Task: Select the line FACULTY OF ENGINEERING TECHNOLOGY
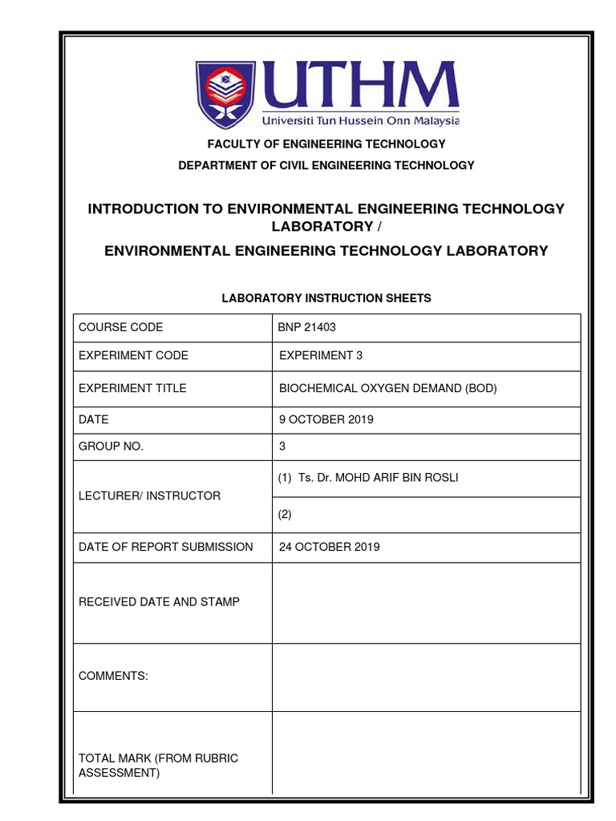coord(326,144)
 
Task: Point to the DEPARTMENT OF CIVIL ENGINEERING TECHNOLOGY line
coord(326,165)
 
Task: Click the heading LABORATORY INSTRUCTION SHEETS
coord(326,298)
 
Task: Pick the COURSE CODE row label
coord(120,327)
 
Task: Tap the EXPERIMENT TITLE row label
coord(132,388)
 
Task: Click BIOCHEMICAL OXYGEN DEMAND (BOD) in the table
coord(387,388)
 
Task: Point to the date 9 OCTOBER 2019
coord(326,419)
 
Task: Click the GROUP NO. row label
coord(111,447)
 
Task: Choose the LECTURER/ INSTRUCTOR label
coord(149,496)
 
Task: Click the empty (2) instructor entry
coord(286,516)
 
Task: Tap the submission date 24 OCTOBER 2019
coord(329,547)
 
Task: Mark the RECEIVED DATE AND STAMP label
coord(159,601)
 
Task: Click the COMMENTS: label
coord(113,676)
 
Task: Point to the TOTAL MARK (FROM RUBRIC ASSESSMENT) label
coord(158,766)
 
